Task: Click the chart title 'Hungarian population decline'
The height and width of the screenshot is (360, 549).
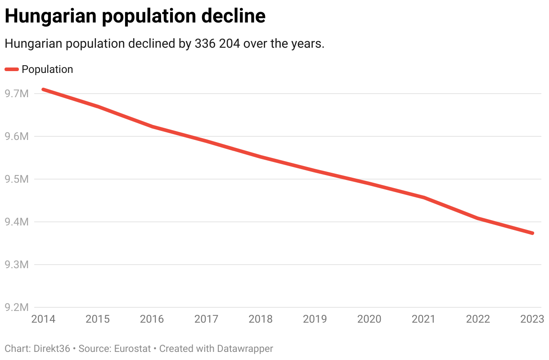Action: (135, 17)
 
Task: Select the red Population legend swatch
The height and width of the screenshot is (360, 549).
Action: (12, 69)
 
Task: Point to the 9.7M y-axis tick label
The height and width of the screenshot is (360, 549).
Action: (16, 94)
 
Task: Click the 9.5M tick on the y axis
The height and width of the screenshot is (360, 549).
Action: (16, 179)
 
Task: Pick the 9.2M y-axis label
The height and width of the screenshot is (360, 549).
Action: (16, 307)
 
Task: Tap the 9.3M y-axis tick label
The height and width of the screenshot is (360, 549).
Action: (16, 265)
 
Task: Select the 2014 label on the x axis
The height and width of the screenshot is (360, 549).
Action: (43, 319)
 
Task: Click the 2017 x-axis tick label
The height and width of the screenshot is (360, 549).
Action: (206, 319)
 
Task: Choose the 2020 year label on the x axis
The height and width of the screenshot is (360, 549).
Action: (369, 319)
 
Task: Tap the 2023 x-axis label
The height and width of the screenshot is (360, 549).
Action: (532, 319)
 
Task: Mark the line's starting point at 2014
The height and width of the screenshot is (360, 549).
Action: (43, 90)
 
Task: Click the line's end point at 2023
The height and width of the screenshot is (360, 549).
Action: (532, 233)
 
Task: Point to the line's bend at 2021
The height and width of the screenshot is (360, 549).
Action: (423, 198)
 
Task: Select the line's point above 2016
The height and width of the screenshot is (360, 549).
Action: (152, 126)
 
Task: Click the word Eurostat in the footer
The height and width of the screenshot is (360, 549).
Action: (129, 349)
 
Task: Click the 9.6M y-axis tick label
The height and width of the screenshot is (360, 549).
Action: (16, 136)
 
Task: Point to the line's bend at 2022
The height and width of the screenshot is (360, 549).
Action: (478, 219)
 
